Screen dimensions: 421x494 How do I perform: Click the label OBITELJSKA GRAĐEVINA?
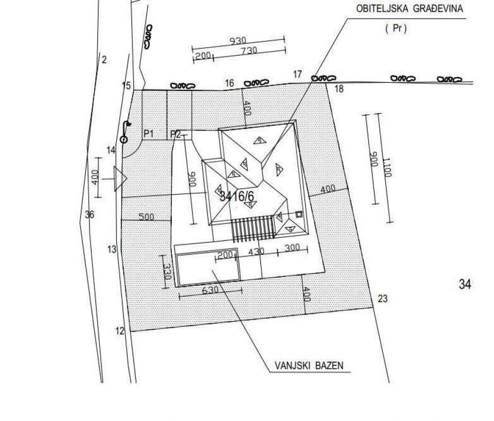point(409,9)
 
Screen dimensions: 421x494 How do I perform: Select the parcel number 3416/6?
point(237,196)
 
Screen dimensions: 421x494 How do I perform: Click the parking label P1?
point(149,134)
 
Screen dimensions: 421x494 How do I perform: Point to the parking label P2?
point(175,134)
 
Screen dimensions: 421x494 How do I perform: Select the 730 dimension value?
point(249,51)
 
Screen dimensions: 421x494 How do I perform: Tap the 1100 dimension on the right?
point(387,168)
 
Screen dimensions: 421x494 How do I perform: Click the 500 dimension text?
point(147,217)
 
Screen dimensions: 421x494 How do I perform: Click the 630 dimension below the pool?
point(210,290)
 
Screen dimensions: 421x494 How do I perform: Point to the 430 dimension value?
point(256,252)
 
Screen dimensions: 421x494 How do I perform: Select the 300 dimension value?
point(292,248)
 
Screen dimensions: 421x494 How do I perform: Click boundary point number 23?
point(382,299)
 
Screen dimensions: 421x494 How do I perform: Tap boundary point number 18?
point(339,89)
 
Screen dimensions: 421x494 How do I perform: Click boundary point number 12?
point(120,331)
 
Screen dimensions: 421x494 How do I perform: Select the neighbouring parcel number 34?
point(465,284)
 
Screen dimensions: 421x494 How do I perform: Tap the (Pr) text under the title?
point(396,29)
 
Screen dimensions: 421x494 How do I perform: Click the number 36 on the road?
point(90,215)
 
